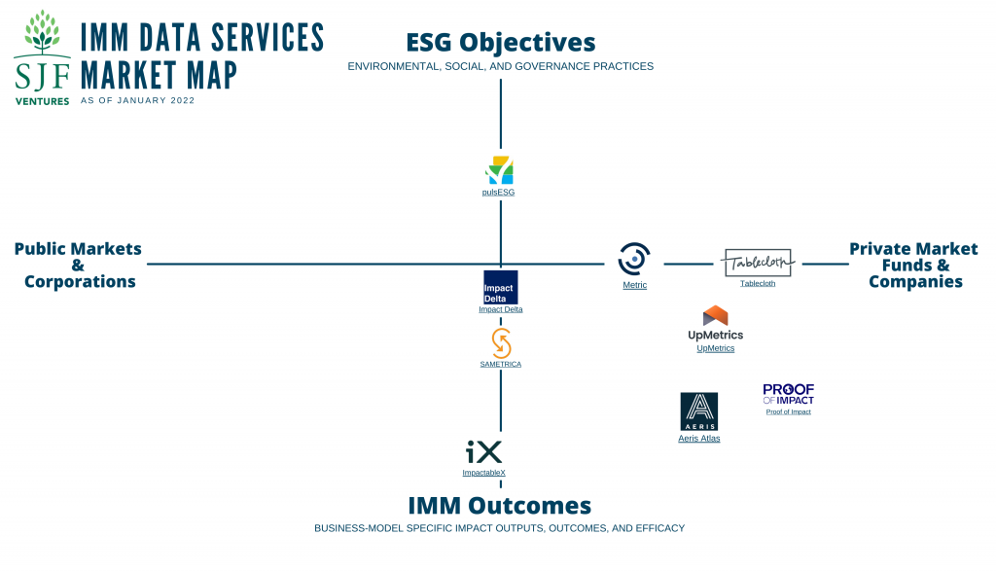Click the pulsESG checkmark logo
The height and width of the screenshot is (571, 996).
(499, 170)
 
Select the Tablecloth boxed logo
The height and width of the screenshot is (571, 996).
(758, 262)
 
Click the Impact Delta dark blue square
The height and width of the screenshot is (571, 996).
(500, 287)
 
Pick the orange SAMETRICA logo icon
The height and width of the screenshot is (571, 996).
(501, 342)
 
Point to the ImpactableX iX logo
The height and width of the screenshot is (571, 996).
(483, 452)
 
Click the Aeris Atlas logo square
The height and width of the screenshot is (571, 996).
(698, 411)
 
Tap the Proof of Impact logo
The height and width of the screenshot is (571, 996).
(788, 394)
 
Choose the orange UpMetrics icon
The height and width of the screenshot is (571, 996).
(715, 316)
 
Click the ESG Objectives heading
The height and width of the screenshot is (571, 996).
(500, 43)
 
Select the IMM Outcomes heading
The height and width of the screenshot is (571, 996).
(499, 506)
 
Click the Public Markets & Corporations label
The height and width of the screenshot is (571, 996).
(79, 265)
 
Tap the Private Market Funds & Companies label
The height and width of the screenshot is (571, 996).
(913, 265)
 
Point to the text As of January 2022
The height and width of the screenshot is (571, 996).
(137, 100)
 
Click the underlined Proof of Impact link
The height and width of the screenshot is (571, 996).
(788, 412)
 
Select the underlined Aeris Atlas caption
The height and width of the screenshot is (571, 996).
(698, 439)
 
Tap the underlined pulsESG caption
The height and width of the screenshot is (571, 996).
(499, 193)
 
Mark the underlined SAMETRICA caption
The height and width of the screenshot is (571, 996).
(500, 364)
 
